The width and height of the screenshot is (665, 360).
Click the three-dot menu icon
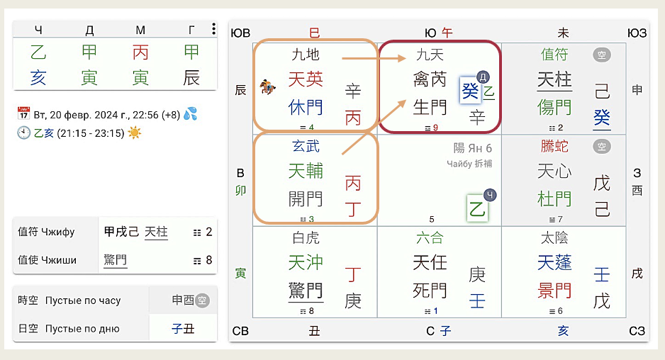pyautogui.click(x=213, y=29)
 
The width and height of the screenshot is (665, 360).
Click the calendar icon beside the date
pyautogui.click(x=23, y=113)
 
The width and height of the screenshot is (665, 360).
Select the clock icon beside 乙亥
pyautogui.click(x=23, y=133)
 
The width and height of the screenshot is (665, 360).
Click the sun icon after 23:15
pyautogui.click(x=135, y=133)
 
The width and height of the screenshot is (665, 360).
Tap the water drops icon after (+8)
pyautogui.click(x=189, y=113)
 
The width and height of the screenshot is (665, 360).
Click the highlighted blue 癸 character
pyautogui.click(x=470, y=91)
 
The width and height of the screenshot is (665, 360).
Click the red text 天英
pyautogui.click(x=306, y=79)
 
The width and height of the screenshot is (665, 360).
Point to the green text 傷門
pyautogui.click(x=554, y=107)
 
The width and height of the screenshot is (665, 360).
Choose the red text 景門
pyautogui.click(x=554, y=290)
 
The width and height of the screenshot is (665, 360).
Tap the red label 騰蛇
pyautogui.click(x=554, y=147)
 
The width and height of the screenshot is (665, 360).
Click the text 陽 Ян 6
pyautogui.click(x=473, y=148)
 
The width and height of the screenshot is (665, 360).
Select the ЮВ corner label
pyautogui.click(x=241, y=33)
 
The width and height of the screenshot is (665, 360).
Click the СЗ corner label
pyautogui.click(x=637, y=330)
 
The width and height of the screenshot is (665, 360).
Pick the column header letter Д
pyautogui.click(x=89, y=29)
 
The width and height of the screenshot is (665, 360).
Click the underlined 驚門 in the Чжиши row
pyautogui.click(x=116, y=260)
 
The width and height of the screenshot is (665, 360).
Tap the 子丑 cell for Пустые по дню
pyautogui.click(x=183, y=328)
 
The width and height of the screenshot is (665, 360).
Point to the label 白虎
pyautogui.click(x=306, y=238)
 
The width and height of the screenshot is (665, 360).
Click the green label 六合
pyautogui.click(x=430, y=238)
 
